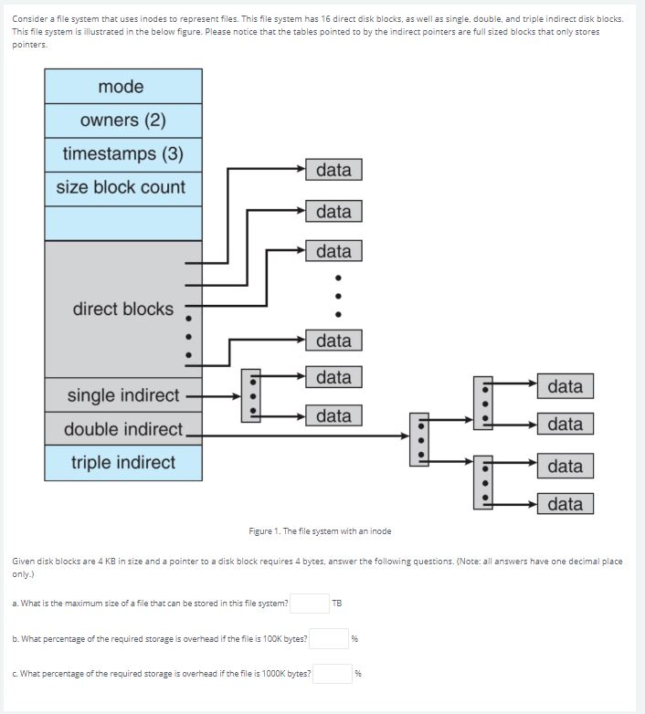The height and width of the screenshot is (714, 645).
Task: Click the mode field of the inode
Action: point(122,87)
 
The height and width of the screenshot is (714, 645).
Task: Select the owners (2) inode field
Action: point(122,121)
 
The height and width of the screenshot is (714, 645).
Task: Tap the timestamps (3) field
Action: point(122,154)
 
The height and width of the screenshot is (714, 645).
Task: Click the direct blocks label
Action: point(122,309)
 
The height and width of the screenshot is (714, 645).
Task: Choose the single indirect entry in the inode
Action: point(122,395)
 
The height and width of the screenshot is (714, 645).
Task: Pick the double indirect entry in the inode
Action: point(122,429)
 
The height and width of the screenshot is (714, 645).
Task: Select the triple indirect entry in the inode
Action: point(122,463)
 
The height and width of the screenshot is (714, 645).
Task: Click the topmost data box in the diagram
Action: point(333,170)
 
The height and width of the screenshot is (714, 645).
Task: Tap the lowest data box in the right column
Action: point(565,504)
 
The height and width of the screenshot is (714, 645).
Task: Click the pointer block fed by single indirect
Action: point(250,395)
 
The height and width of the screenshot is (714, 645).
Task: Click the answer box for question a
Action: point(310,604)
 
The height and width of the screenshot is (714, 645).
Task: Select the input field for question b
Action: point(329,638)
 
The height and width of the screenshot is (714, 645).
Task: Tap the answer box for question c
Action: point(333,674)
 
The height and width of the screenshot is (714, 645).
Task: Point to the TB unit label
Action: point(337,604)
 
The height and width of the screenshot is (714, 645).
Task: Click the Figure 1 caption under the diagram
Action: point(320,531)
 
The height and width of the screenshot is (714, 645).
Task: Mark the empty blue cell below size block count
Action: point(122,223)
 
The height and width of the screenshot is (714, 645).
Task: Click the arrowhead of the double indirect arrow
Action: point(407,436)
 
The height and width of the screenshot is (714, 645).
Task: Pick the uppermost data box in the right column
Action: point(565,386)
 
